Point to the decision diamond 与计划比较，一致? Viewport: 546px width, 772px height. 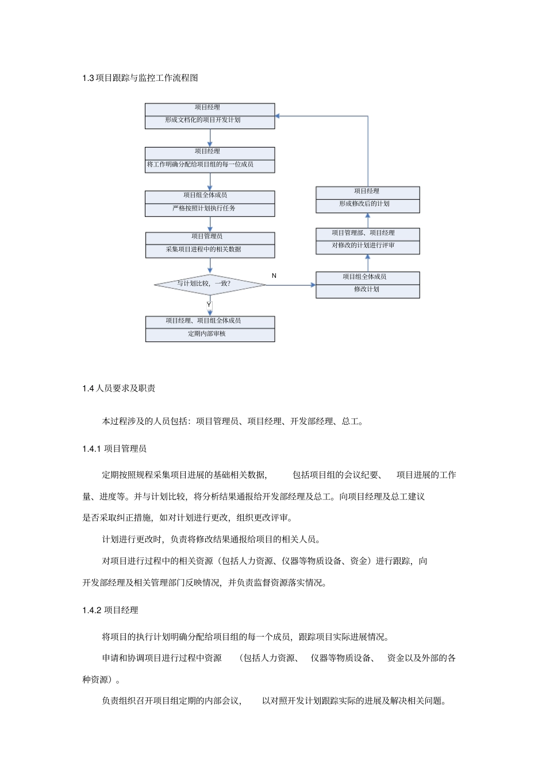click(209, 284)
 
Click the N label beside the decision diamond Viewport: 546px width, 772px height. click(274, 276)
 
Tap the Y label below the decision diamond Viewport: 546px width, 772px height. click(209, 305)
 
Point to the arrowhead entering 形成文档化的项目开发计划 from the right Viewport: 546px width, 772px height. click(278, 116)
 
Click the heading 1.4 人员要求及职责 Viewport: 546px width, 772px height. click(118, 389)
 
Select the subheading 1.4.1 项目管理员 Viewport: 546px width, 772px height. click(114, 449)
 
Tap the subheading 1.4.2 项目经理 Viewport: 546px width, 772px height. click(110, 610)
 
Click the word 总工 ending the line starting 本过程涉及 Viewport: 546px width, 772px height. click(350, 421)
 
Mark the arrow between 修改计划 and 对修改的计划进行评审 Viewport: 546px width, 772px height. click(368, 263)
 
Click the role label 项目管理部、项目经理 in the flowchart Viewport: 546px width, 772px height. click(363, 233)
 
